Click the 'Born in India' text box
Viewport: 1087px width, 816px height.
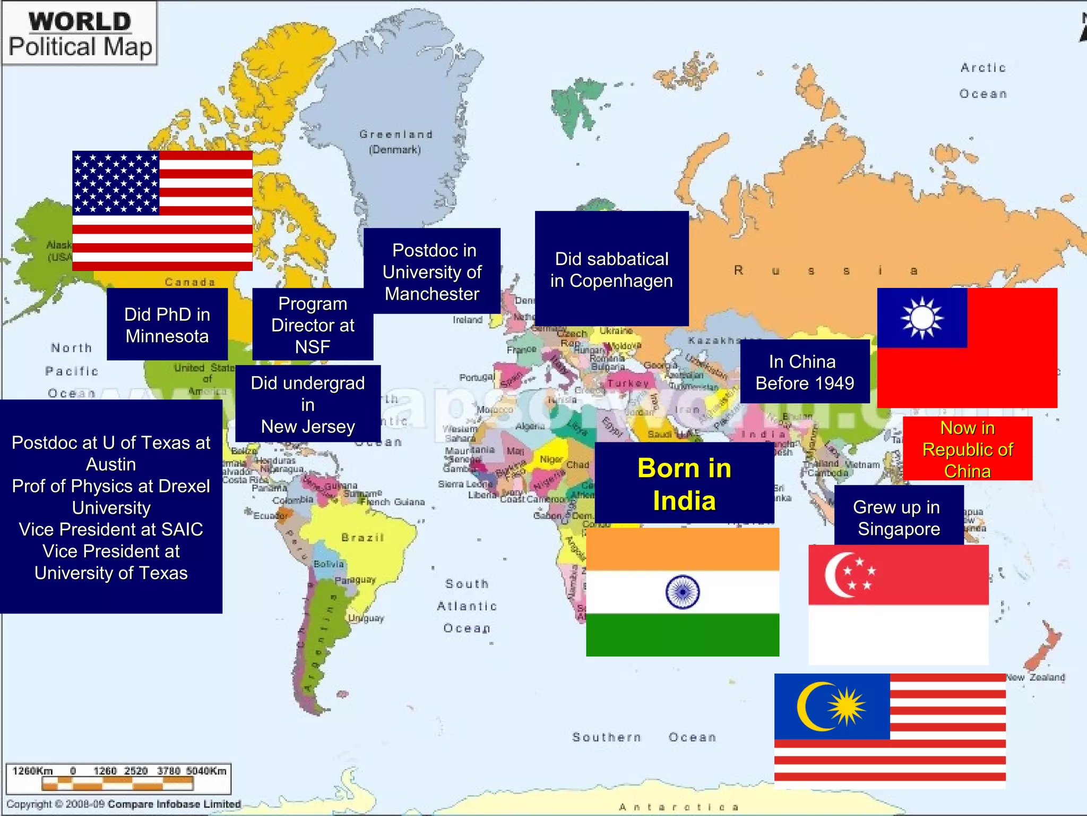[x=684, y=483]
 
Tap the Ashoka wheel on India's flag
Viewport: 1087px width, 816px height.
[x=683, y=592]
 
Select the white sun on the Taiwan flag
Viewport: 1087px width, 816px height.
[x=922, y=318]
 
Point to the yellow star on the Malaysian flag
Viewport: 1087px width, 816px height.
[x=848, y=707]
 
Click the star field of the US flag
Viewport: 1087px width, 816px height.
[x=116, y=183]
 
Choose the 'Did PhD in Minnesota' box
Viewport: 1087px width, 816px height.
[x=167, y=325]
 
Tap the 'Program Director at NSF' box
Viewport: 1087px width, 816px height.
[x=313, y=325]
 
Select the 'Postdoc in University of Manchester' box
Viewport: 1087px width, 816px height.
[x=432, y=271]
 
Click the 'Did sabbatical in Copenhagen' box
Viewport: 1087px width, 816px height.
[x=611, y=269]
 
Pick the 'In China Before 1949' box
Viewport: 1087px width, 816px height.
[x=805, y=372]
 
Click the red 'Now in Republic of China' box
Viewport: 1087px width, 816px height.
[x=967, y=449]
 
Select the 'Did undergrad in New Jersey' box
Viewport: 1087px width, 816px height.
[x=308, y=404]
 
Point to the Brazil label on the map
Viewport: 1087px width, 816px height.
[x=363, y=538]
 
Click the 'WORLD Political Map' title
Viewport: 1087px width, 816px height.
[x=80, y=34]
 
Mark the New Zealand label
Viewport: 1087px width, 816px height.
[x=1036, y=677]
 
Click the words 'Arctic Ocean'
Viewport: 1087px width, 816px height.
[x=983, y=81]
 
